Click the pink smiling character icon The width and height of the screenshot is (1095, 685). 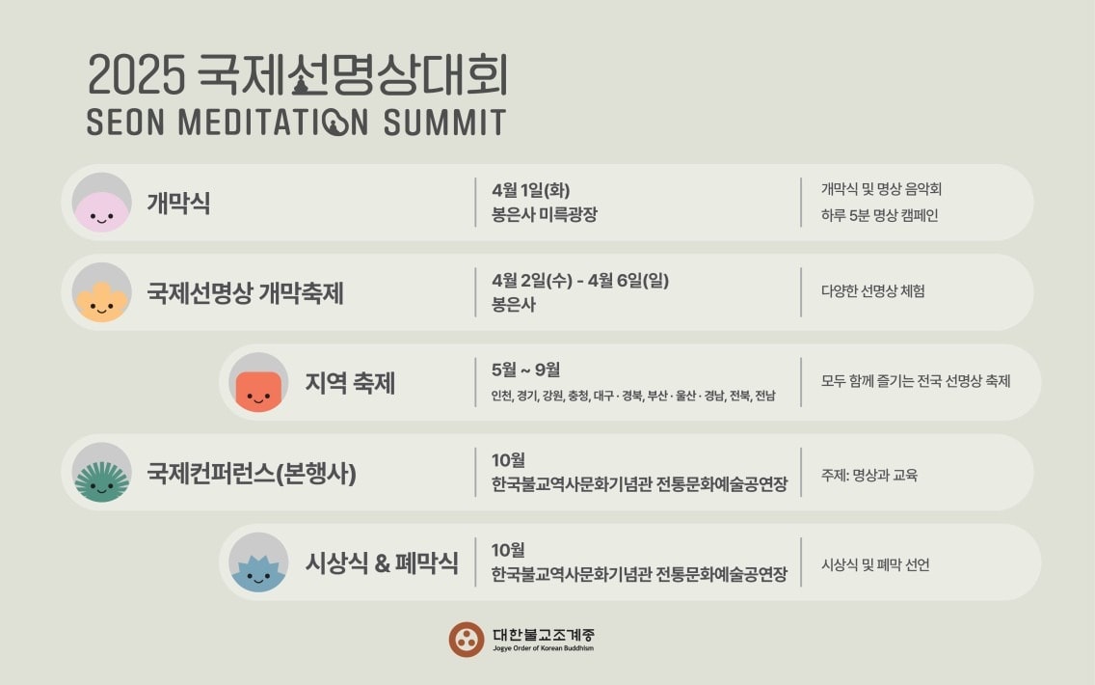click(x=101, y=205)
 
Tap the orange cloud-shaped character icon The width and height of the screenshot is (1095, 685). click(x=101, y=295)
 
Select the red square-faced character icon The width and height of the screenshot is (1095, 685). click(x=258, y=386)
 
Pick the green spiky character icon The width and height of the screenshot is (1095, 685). click(x=101, y=476)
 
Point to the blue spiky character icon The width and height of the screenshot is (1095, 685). click(x=258, y=566)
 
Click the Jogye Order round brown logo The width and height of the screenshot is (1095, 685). click(x=467, y=639)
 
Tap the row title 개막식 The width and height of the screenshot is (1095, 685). click(x=178, y=204)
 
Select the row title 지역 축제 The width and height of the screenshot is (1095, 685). click(x=350, y=384)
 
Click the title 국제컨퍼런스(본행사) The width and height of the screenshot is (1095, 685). click(x=252, y=474)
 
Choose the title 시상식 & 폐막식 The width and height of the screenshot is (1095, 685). click(x=382, y=563)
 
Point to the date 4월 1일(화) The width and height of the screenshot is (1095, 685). click(x=523, y=190)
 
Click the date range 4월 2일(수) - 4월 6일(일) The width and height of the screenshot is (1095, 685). click(x=579, y=281)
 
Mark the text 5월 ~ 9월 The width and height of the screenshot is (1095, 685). click(x=525, y=370)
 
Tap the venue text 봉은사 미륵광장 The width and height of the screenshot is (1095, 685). click(x=544, y=214)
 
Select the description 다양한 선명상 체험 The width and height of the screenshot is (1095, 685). click(x=872, y=290)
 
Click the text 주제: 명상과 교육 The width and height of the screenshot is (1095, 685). click(x=869, y=475)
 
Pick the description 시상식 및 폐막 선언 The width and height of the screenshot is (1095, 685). click(x=875, y=564)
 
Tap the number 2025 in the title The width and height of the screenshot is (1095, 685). click(x=136, y=76)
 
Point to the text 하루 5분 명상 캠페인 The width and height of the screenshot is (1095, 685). click(x=879, y=215)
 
